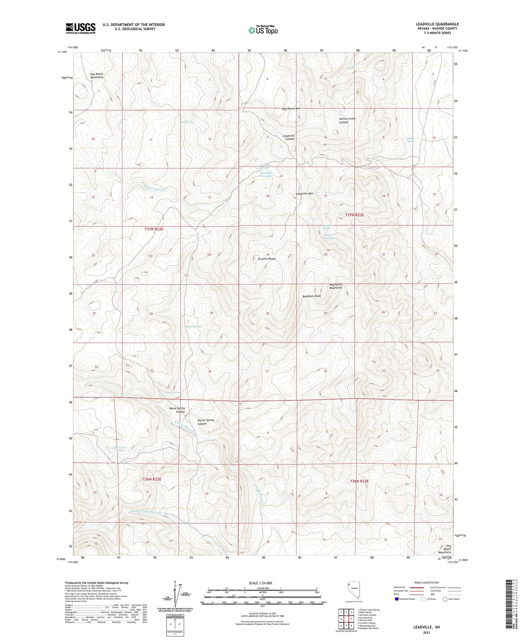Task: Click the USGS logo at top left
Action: [80, 28]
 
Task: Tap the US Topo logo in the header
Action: [263, 30]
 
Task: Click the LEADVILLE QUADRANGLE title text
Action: [437, 24]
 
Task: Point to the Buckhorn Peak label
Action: [312, 296]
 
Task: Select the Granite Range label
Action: [267, 259]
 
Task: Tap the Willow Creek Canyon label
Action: [347, 120]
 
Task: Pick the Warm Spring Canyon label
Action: [177, 410]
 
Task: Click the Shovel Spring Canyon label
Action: [206, 422]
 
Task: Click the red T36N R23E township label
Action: [359, 481]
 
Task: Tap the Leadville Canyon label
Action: [288, 137]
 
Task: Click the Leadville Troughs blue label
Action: [266, 174]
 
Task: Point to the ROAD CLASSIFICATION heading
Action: [427, 582]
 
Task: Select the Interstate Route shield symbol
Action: [397, 599]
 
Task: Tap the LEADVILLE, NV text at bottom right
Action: [426, 627]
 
